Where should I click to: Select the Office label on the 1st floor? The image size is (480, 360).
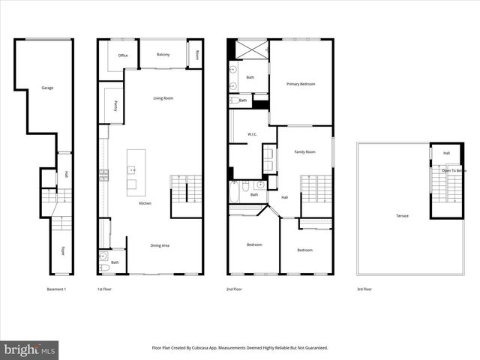(123, 55)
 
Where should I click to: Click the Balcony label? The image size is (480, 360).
(163, 55)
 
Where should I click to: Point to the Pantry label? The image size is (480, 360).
(115, 106)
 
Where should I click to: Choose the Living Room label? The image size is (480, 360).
(163, 98)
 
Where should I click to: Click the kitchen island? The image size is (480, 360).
(136, 169)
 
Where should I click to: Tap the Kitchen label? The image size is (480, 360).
(146, 203)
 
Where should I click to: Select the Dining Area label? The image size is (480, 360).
(160, 245)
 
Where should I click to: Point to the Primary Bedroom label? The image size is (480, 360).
(300, 84)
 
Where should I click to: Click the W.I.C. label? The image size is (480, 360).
(253, 135)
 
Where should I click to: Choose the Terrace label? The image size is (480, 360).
(403, 216)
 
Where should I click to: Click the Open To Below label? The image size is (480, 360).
(454, 170)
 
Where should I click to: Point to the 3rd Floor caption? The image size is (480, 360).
(364, 289)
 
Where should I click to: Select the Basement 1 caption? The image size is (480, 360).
(57, 289)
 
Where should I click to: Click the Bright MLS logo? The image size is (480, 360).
(30, 349)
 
